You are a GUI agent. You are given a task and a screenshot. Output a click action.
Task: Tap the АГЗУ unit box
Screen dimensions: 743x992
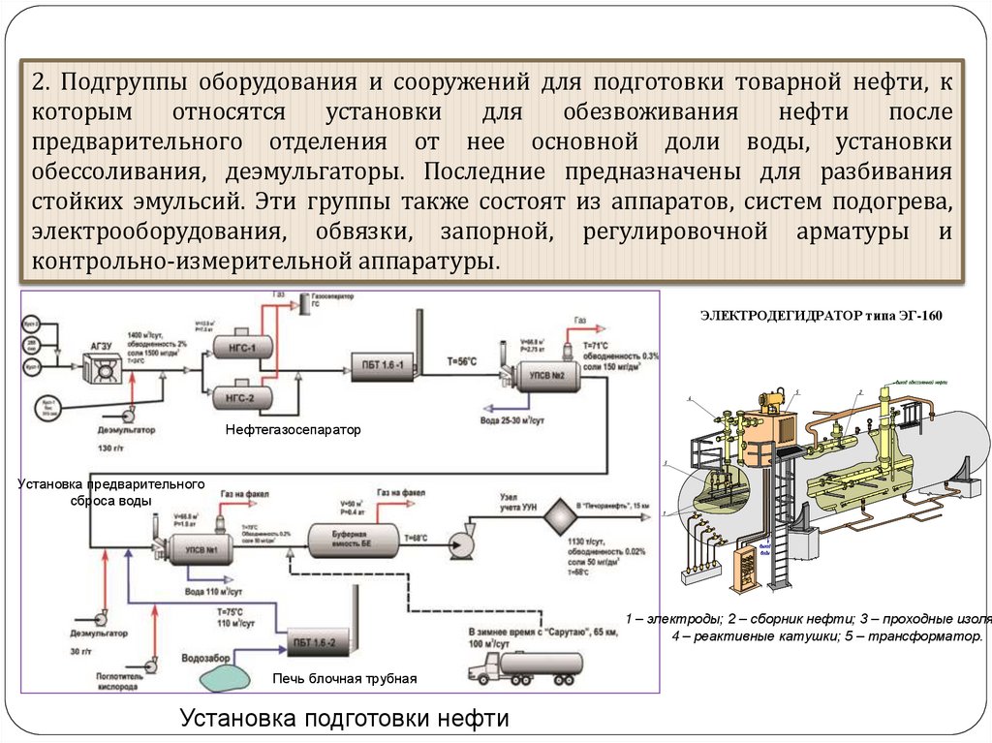101,366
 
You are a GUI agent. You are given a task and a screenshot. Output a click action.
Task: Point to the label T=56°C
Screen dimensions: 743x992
461,362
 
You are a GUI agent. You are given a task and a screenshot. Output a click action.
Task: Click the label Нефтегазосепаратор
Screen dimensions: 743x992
293,428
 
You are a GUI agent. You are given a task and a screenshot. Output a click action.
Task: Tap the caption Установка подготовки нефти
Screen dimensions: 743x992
344,720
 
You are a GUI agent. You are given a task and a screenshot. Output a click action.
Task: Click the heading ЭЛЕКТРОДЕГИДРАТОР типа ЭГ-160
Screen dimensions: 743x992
820,316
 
